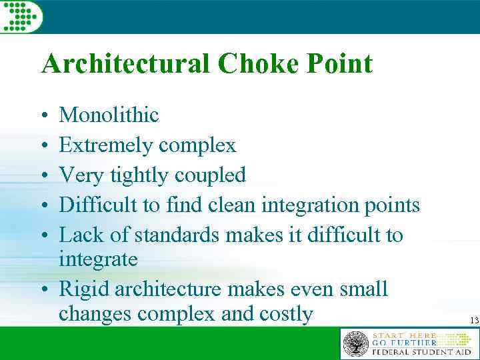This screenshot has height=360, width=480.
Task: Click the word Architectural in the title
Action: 125,64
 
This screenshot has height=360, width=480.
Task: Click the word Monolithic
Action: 109,115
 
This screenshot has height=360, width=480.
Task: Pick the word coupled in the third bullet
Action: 210,175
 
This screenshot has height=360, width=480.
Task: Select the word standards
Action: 179,235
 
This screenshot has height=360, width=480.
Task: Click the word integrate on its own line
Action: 98,259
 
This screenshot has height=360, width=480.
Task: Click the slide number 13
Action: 474,321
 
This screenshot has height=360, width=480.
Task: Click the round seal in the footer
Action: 355,343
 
